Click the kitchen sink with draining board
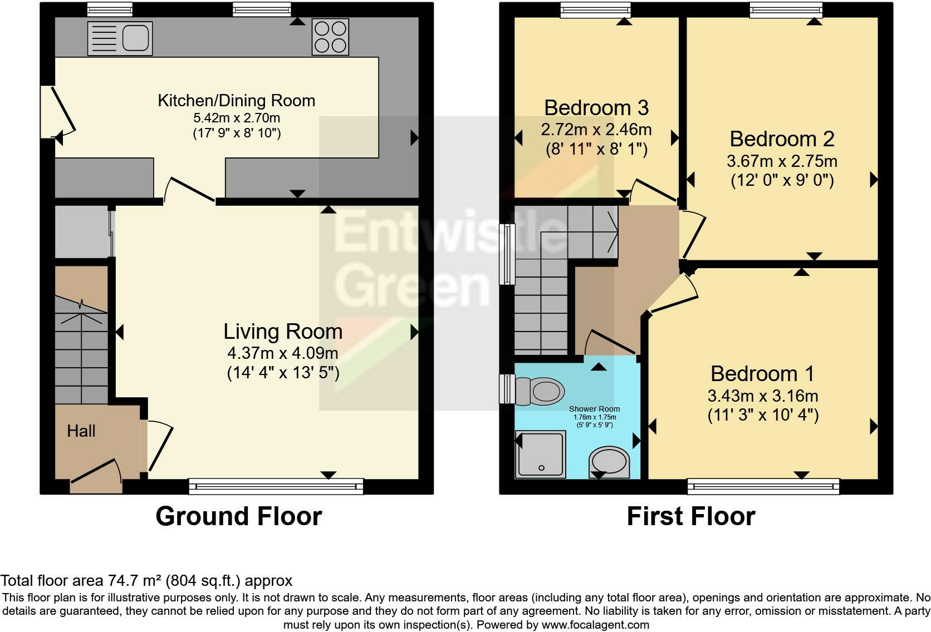tap(120, 38)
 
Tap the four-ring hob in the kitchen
tap(330, 37)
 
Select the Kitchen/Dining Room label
tap(237, 101)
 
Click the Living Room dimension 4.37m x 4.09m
tap(283, 353)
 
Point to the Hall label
tap(81, 431)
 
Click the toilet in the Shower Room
tap(540, 391)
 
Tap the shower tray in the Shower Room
tap(540, 455)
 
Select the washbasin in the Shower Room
tap(609, 462)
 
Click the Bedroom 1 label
tap(763, 374)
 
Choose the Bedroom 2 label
tap(782, 139)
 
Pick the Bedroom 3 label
tap(596, 108)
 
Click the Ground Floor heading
tap(239, 516)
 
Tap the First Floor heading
tap(691, 516)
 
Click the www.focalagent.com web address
tap(595, 625)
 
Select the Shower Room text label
tap(594, 409)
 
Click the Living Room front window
tap(276, 486)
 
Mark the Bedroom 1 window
tap(763, 486)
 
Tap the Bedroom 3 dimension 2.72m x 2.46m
tap(596, 130)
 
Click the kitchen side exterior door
tap(58, 112)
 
